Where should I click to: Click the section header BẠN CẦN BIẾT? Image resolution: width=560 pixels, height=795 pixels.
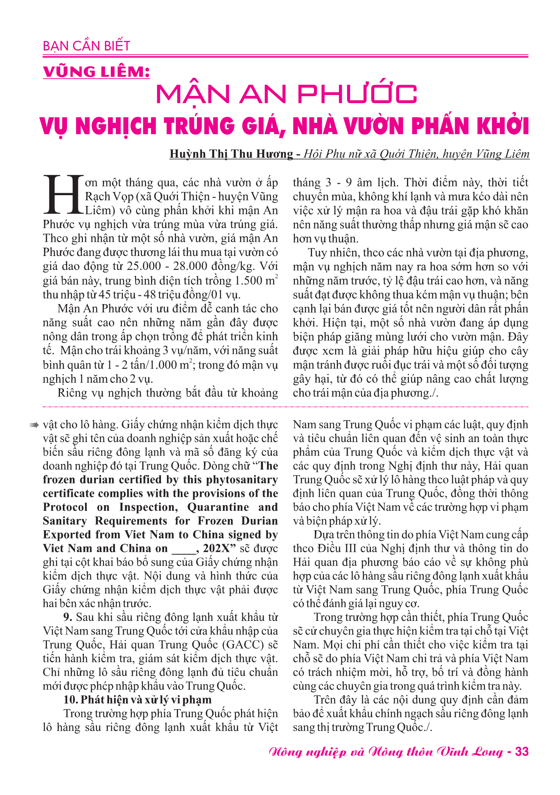click(x=86, y=46)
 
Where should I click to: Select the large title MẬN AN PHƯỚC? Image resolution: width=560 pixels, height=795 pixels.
click(x=286, y=94)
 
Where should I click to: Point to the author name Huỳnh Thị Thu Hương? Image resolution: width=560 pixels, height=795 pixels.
click(x=231, y=154)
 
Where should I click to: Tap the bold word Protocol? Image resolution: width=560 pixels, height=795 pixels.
click(x=65, y=507)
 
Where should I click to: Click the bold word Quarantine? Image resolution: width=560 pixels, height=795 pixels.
click(x=218, y=507)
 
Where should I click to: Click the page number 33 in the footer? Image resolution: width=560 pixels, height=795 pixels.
click(x=521, y=752)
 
